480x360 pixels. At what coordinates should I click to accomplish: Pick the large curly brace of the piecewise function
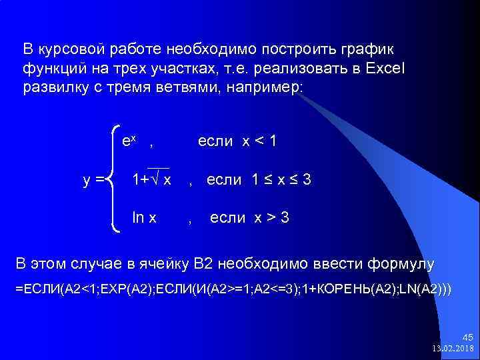(x=113, y=179)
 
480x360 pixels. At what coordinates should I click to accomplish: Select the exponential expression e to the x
(x=129, y=141)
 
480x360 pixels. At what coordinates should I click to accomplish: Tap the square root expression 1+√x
(x=152, y=180)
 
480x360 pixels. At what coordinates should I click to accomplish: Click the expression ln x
(x=145, y=218)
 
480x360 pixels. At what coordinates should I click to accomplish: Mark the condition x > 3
(x=265, y=218)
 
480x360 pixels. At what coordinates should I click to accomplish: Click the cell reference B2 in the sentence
(x=203, y=264)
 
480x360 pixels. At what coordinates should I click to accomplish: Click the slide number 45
(x=466, y=338)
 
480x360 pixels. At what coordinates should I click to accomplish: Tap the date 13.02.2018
(x=453, y=349)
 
